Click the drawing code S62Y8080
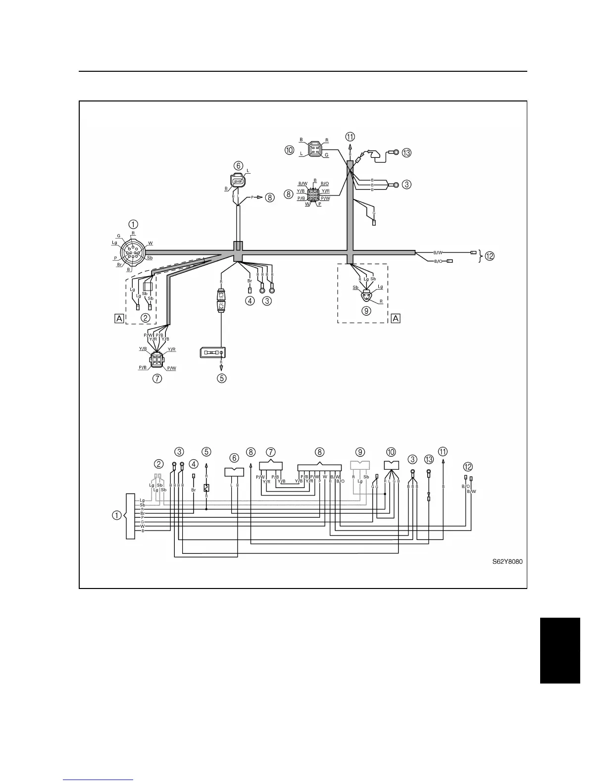point(507,562)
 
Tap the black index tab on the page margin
point(559,650)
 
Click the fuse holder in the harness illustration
point(212,352)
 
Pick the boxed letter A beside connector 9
point(395,318)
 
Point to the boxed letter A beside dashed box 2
point(119,318)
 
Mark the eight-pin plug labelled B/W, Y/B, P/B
point(313,195)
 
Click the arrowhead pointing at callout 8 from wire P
point(260,197)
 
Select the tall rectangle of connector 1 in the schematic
point(130,516)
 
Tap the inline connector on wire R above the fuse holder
point(221,300)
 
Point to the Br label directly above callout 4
point(250,281)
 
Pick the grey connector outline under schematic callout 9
point(360,465)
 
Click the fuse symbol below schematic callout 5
point(206,488)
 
